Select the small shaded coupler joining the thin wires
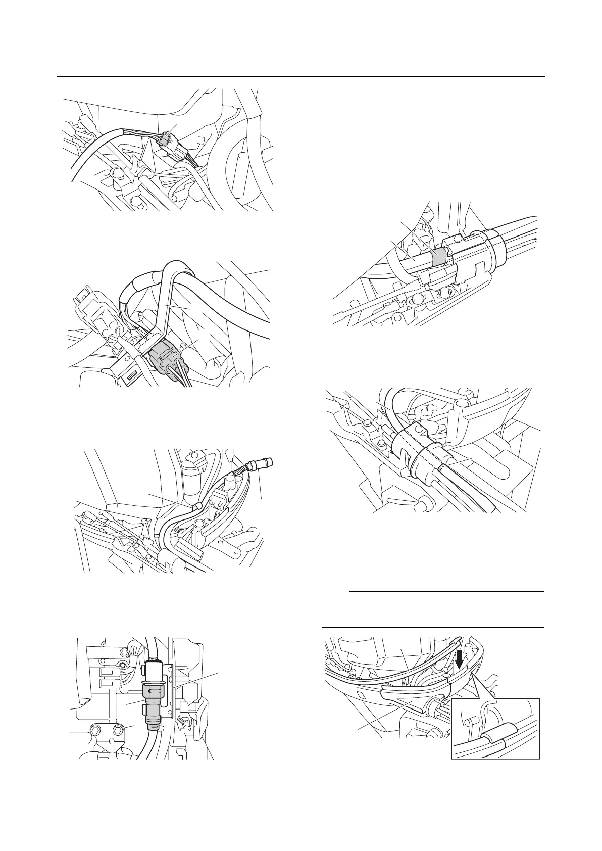164,140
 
